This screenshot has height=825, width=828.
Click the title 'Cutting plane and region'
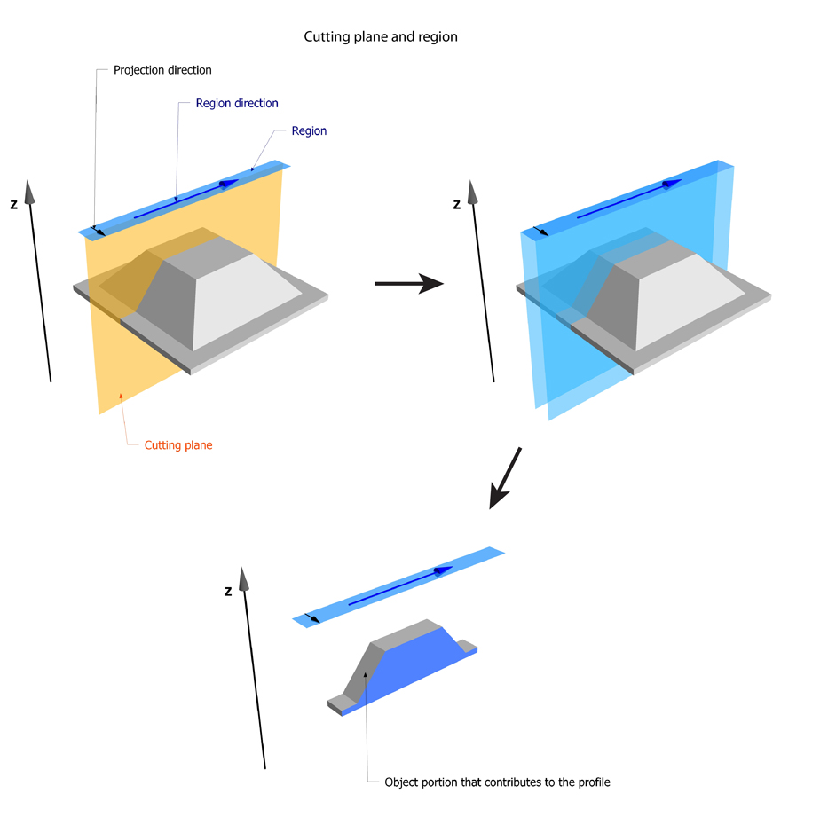coord(381,37)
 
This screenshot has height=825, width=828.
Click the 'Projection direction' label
coord(162,69)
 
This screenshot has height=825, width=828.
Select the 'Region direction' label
coord(237,103)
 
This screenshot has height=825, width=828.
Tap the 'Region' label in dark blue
coord(309,130)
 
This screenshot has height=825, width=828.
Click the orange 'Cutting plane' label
coord(178,445)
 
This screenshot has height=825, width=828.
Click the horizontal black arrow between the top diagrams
coord(408,283)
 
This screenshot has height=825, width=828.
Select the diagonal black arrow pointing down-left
coord(505,480)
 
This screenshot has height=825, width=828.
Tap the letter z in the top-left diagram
coord(13,204)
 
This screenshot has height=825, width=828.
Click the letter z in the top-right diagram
coord(457,204)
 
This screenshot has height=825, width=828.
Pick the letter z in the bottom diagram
coord(229,591)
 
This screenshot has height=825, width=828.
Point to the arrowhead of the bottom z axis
coord(243,579)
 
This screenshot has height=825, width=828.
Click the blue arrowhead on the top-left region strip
coord(229,184)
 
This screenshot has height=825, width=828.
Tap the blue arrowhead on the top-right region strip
coord(671,184)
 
